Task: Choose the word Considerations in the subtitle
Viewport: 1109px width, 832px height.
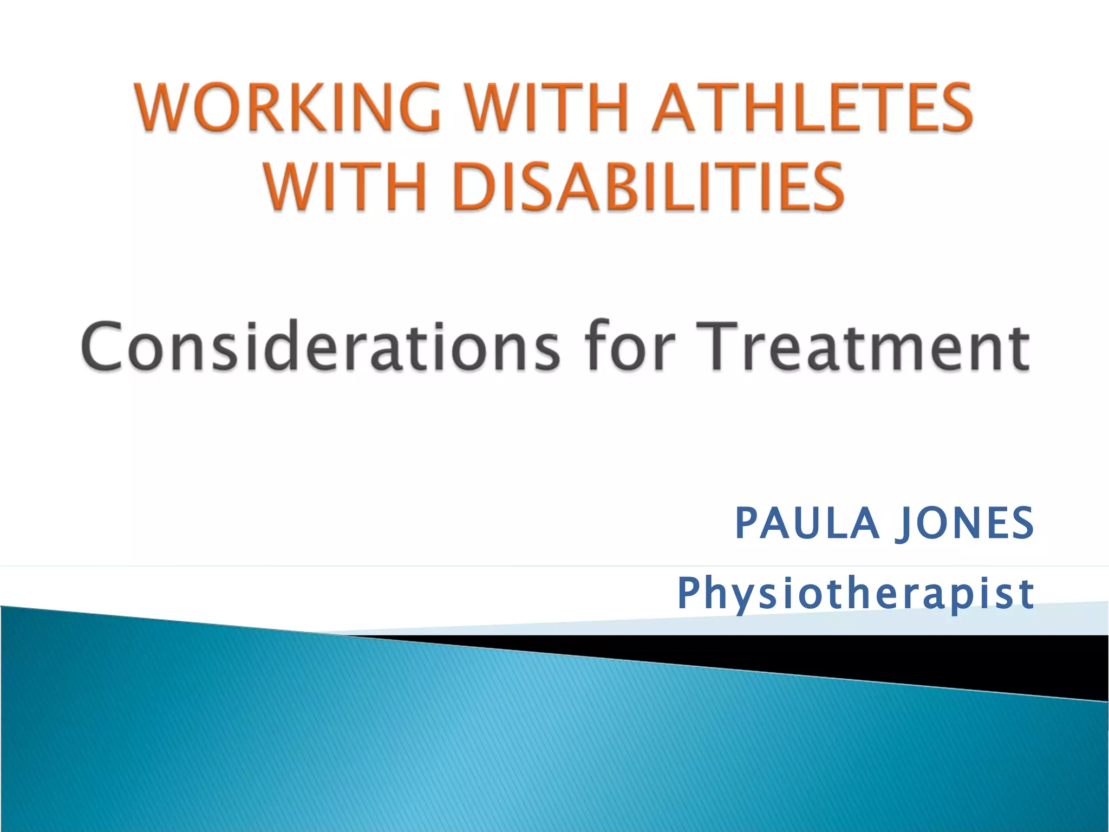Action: point(319,347)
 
